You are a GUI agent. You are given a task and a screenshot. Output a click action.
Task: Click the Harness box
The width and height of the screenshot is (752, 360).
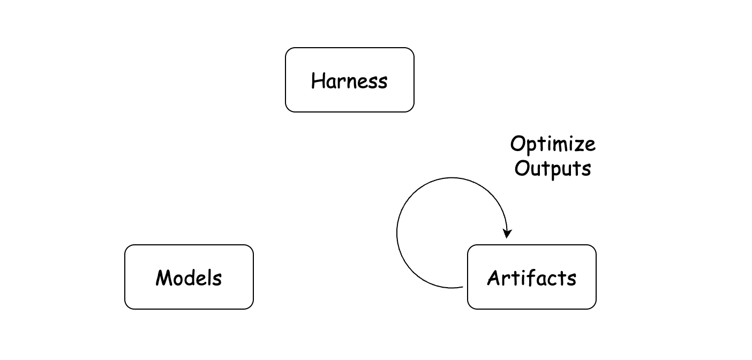(x=349, y=80)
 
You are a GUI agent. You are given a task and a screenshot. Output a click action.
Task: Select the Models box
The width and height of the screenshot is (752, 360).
(x=189, y=277)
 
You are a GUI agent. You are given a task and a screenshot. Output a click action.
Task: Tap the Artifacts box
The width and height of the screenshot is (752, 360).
(x=532, y=277)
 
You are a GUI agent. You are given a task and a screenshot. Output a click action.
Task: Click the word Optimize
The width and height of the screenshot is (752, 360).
(x=553, y=145)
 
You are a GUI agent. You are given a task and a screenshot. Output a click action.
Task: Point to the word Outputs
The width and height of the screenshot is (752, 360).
(x=553, y=169)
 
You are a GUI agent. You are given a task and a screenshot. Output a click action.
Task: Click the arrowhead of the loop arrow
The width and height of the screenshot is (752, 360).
(x=507, y=233)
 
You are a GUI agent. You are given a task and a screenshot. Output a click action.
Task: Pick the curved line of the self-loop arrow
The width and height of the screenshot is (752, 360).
(x=397, y=233)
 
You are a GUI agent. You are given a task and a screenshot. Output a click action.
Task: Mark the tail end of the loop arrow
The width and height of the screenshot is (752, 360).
(x=463, y=287)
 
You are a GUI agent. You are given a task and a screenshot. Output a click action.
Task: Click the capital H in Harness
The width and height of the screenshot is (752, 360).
(x=318, y=80)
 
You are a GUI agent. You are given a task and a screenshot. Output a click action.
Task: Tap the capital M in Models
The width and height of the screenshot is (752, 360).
(x=164, y=277)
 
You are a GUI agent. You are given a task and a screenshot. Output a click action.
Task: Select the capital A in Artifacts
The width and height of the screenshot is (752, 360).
(x=494, y=278)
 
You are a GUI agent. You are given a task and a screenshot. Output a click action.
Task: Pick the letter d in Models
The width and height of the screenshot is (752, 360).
(x=192, y=277)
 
